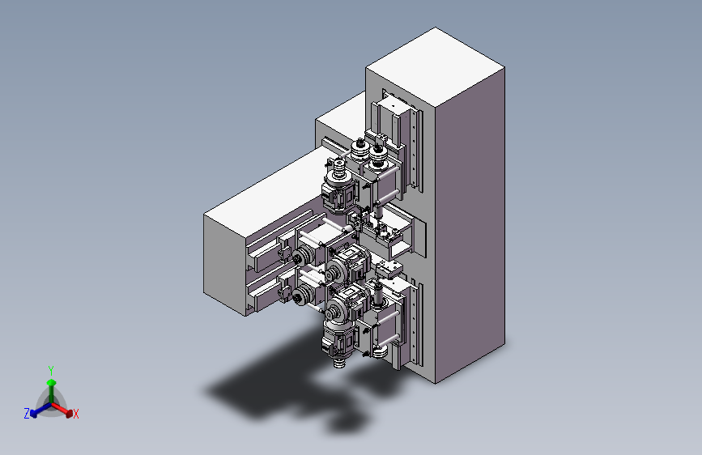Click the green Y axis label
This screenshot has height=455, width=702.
click(x=51, y=370)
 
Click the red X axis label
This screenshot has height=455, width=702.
click(x=75, y=414)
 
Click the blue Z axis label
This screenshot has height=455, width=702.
click(x=27, y=414)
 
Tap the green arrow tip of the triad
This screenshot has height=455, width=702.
click(x=52, y=382)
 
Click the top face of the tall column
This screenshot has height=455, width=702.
click(x=435, y=67)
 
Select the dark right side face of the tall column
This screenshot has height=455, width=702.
click(x=470, y=224)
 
